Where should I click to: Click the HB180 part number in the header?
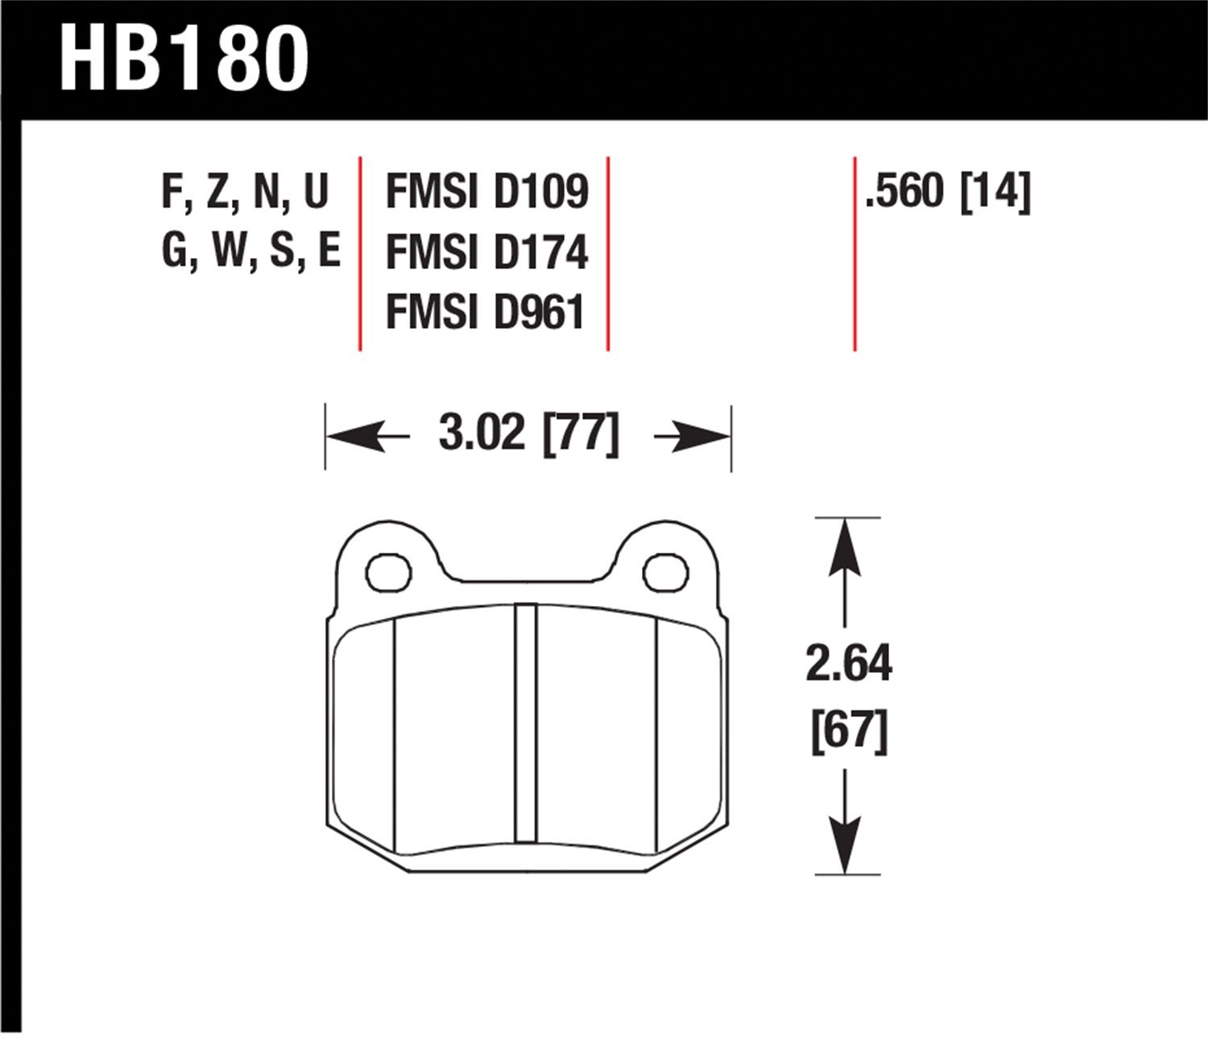click(184, 59)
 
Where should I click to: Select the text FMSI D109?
click(487, 191)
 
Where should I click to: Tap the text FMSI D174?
click(487, 251)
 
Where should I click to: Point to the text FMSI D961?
click(486, 312)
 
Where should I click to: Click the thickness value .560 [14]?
click(947, 192)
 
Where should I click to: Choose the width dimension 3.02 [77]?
click(529, 434)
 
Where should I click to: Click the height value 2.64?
click(849, 663)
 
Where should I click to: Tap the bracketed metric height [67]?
click(850, 732)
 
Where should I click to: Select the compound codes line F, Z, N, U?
click(245, 193)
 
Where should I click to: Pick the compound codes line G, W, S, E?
click(251, 251)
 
